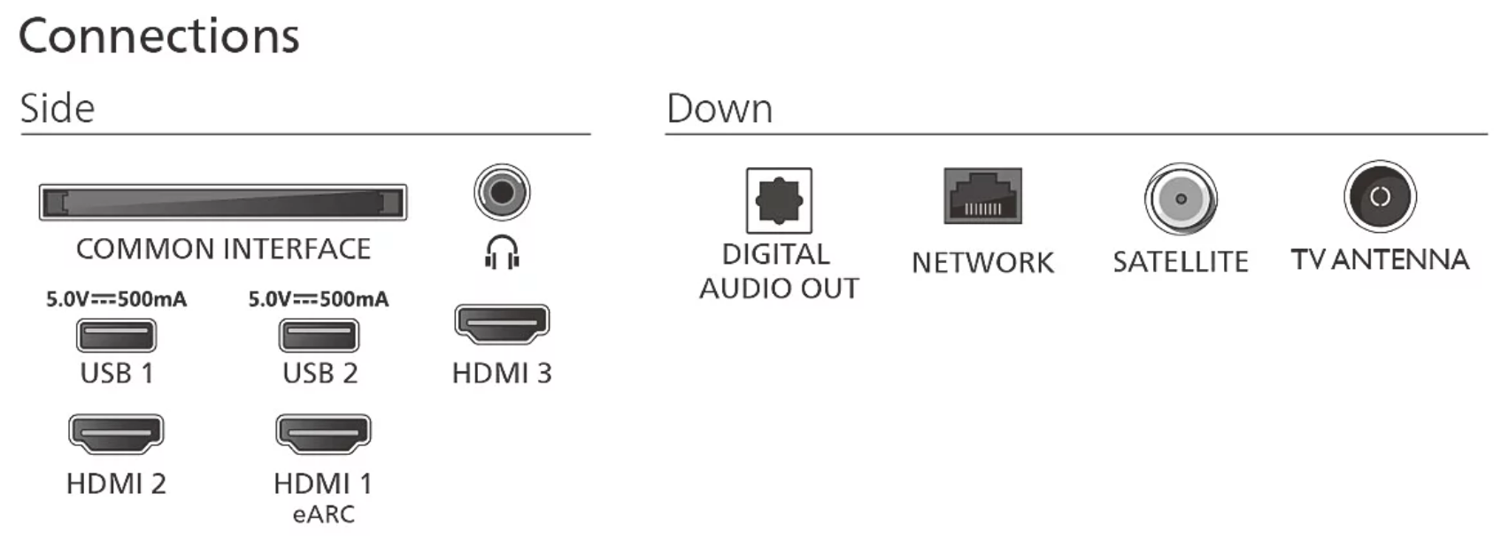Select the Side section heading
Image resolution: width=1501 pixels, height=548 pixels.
(x=58, y=108)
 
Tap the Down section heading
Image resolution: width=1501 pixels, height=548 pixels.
(x=720, y=108)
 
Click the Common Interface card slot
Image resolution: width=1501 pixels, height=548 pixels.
(x=223, y=203)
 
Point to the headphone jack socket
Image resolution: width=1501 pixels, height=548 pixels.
(x=502, y=192)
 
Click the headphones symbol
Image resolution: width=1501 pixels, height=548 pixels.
(x=502, y=252)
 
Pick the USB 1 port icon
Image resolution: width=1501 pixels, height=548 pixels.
(x=117, y=335)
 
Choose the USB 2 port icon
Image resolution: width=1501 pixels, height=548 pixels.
(x=319, y=335)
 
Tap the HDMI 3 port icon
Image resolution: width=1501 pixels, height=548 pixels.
(x=502, y=324)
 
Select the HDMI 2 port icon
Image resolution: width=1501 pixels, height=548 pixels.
(x=116, y=434)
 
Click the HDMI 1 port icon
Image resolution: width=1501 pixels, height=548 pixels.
(x=323, y=434)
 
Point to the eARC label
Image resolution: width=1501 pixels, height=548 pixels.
(x=324, y=513)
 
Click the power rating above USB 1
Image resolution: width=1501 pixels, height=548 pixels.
(x=116, y=298)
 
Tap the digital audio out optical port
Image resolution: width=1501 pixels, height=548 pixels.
(x=779, y=200)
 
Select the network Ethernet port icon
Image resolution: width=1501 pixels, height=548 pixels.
(x=983, y=196)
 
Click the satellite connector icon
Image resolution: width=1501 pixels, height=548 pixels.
(x=1181, y=199)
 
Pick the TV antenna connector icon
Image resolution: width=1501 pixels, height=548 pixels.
(x=1380, y=197)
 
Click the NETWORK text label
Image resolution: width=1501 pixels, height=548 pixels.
(x=983, y=263)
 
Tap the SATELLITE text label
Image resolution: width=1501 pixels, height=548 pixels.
(x=1181, y=262)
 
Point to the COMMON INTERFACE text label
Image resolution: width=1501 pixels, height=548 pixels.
(x=223, y=250)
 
